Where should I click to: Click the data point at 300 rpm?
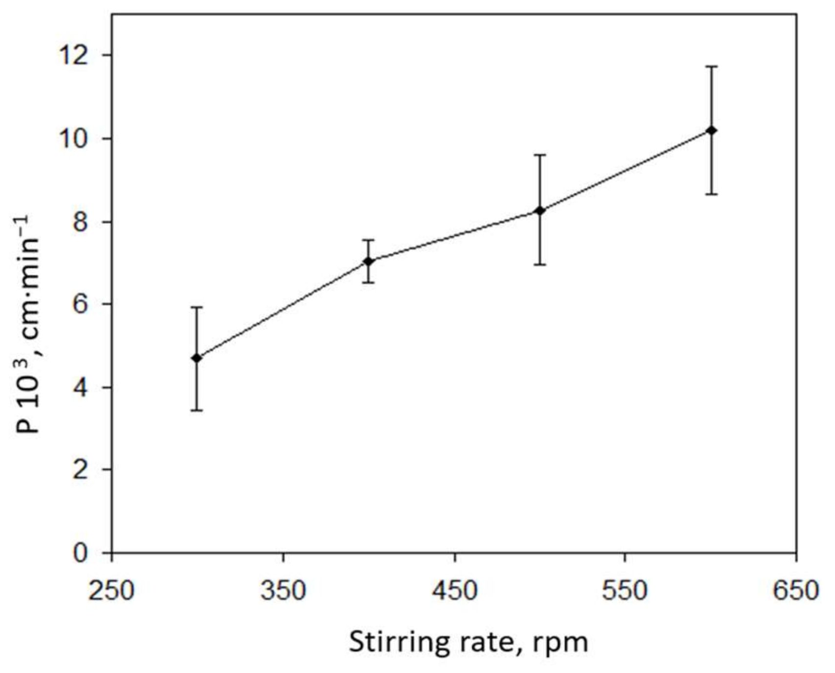coord(197,358)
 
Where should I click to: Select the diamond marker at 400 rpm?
coord(369,261)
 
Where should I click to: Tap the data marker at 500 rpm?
coord(540,210)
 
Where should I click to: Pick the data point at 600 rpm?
coord(712,130)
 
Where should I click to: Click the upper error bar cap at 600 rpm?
coord(712,66)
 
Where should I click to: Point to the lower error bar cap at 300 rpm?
coord(197,410)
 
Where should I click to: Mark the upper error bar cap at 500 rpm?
coord(540,155)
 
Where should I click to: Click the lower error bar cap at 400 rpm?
coord(369,282)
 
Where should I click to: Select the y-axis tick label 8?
coord(81,222)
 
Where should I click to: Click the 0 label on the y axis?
coord(81,553)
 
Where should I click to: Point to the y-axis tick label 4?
coord(81,388)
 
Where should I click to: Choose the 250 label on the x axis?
coord(111,591)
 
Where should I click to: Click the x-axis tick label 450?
coord(454,591)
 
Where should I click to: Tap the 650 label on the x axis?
coord(796,591)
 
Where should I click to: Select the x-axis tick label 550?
coord(625,591)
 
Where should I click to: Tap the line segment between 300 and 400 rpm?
coord(283,310)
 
